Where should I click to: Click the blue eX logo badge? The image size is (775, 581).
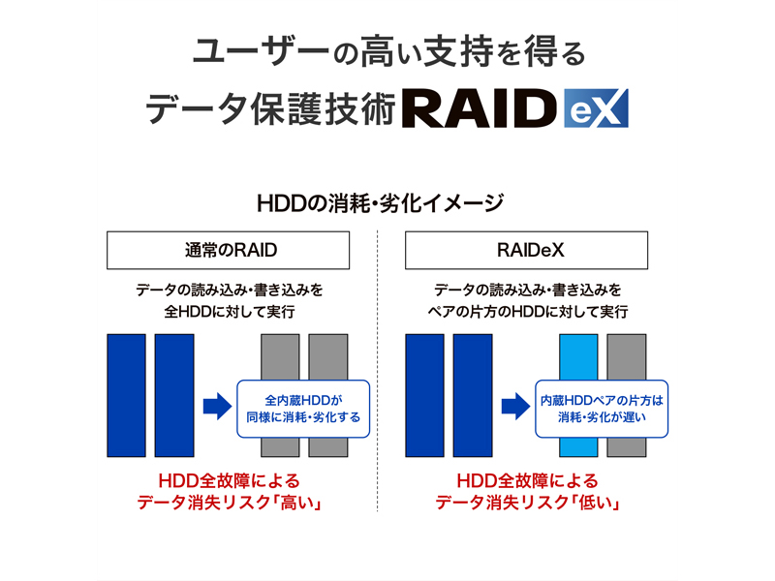[596, 108]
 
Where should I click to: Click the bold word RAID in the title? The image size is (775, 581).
[480, 108]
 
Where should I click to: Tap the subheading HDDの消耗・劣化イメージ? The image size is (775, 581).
[380, 203]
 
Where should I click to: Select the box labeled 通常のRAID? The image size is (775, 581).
[228, 250]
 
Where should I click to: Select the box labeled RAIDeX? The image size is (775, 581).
[526, 250]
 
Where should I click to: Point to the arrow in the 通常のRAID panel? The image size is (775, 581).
[217, 407]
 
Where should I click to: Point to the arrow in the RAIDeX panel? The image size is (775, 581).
[516, 407]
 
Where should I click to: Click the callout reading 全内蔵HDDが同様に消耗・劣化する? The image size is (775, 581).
[303, 409]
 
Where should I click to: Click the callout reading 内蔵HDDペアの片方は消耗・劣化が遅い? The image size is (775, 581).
[602, 409]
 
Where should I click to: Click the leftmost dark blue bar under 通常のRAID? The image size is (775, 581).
[127, 395]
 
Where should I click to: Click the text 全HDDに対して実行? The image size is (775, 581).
[230, 312]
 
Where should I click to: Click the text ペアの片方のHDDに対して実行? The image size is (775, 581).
[527, 312]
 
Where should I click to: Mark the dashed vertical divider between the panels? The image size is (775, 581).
[377, 371]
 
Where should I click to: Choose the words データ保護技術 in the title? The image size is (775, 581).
[271, 109]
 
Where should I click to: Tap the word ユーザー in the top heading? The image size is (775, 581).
[261, 51]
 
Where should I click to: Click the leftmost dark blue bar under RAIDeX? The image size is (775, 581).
[424, 395]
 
